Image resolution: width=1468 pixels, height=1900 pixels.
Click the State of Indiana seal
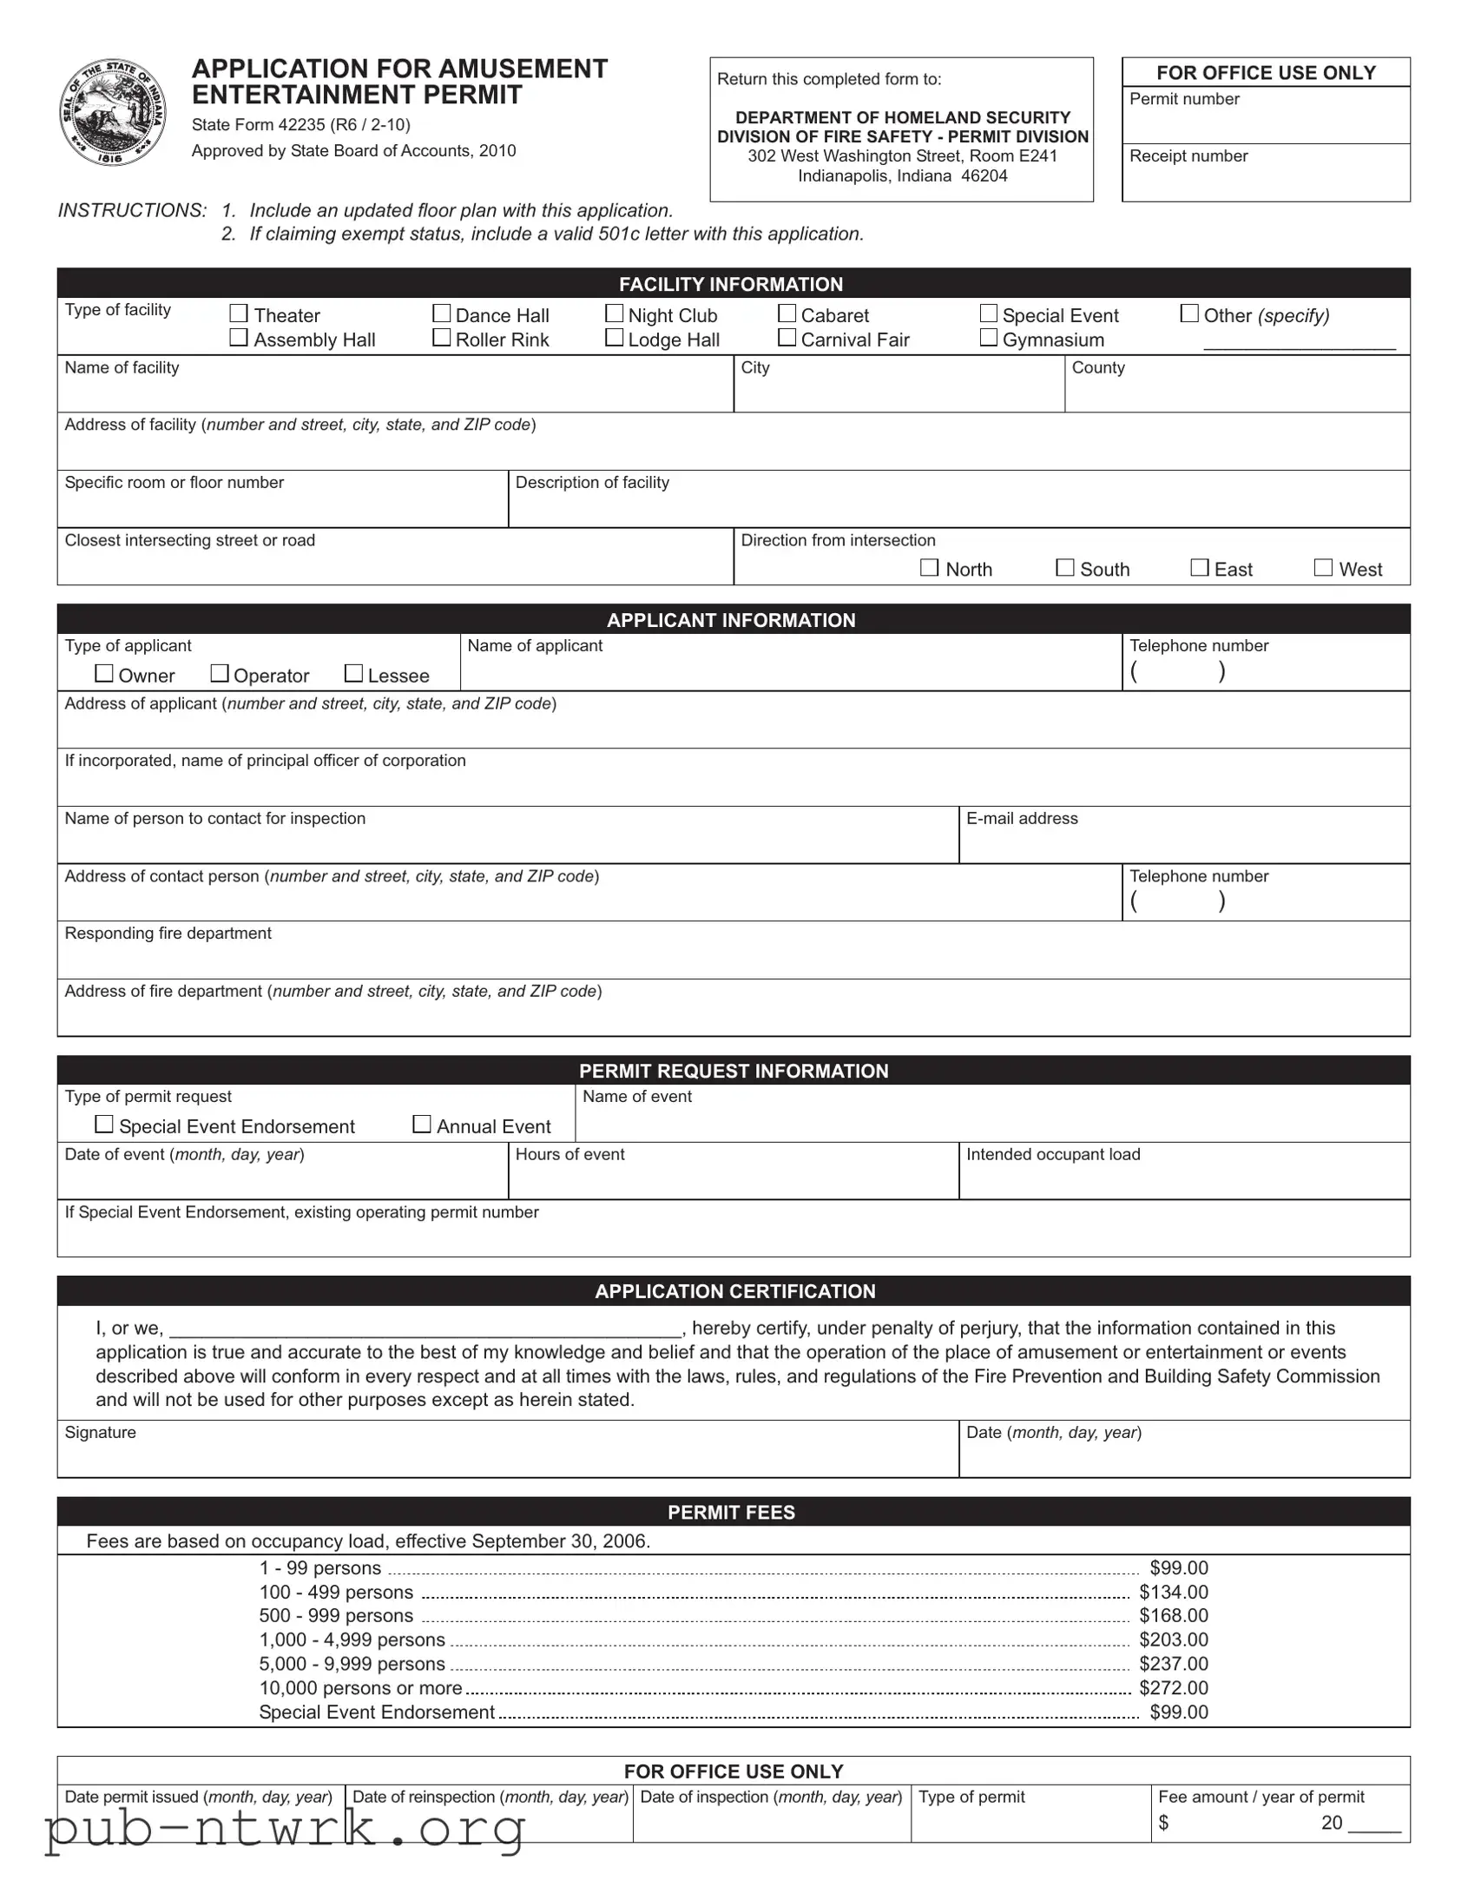click(x=113, y=112)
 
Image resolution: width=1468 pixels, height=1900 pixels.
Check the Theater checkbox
click(x=238, y=313)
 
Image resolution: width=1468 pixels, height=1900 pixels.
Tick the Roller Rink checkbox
click(x=442, y=338)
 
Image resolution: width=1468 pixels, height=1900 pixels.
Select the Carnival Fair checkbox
click(x=787, y=338)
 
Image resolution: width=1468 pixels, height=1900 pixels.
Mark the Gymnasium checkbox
click(x=989, y=338)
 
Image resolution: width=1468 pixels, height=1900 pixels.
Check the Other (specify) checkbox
click(x=1189, y=313)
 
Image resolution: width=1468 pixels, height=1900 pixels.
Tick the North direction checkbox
click(x=930, y=568)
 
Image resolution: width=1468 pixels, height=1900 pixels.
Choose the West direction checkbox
click(x=1324, y=568)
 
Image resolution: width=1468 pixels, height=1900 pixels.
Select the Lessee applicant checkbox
click(x=354, y=673)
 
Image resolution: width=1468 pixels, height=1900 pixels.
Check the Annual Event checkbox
click(x=422, y=1125)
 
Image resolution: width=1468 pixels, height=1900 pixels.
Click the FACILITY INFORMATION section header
click(x=731, y=285)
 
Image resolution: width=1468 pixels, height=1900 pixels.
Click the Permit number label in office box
click(x=1184, y=99)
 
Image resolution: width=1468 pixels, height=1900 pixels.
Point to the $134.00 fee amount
click(x=1174, y=1592)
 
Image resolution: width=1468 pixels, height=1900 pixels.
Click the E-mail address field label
click(x=1022, y=819)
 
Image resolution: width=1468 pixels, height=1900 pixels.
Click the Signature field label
click(x=100, y=1433)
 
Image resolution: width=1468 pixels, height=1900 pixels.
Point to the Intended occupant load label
click(x=1053, y=1154)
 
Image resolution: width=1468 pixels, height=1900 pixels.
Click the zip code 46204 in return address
click(x=984, y=175)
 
